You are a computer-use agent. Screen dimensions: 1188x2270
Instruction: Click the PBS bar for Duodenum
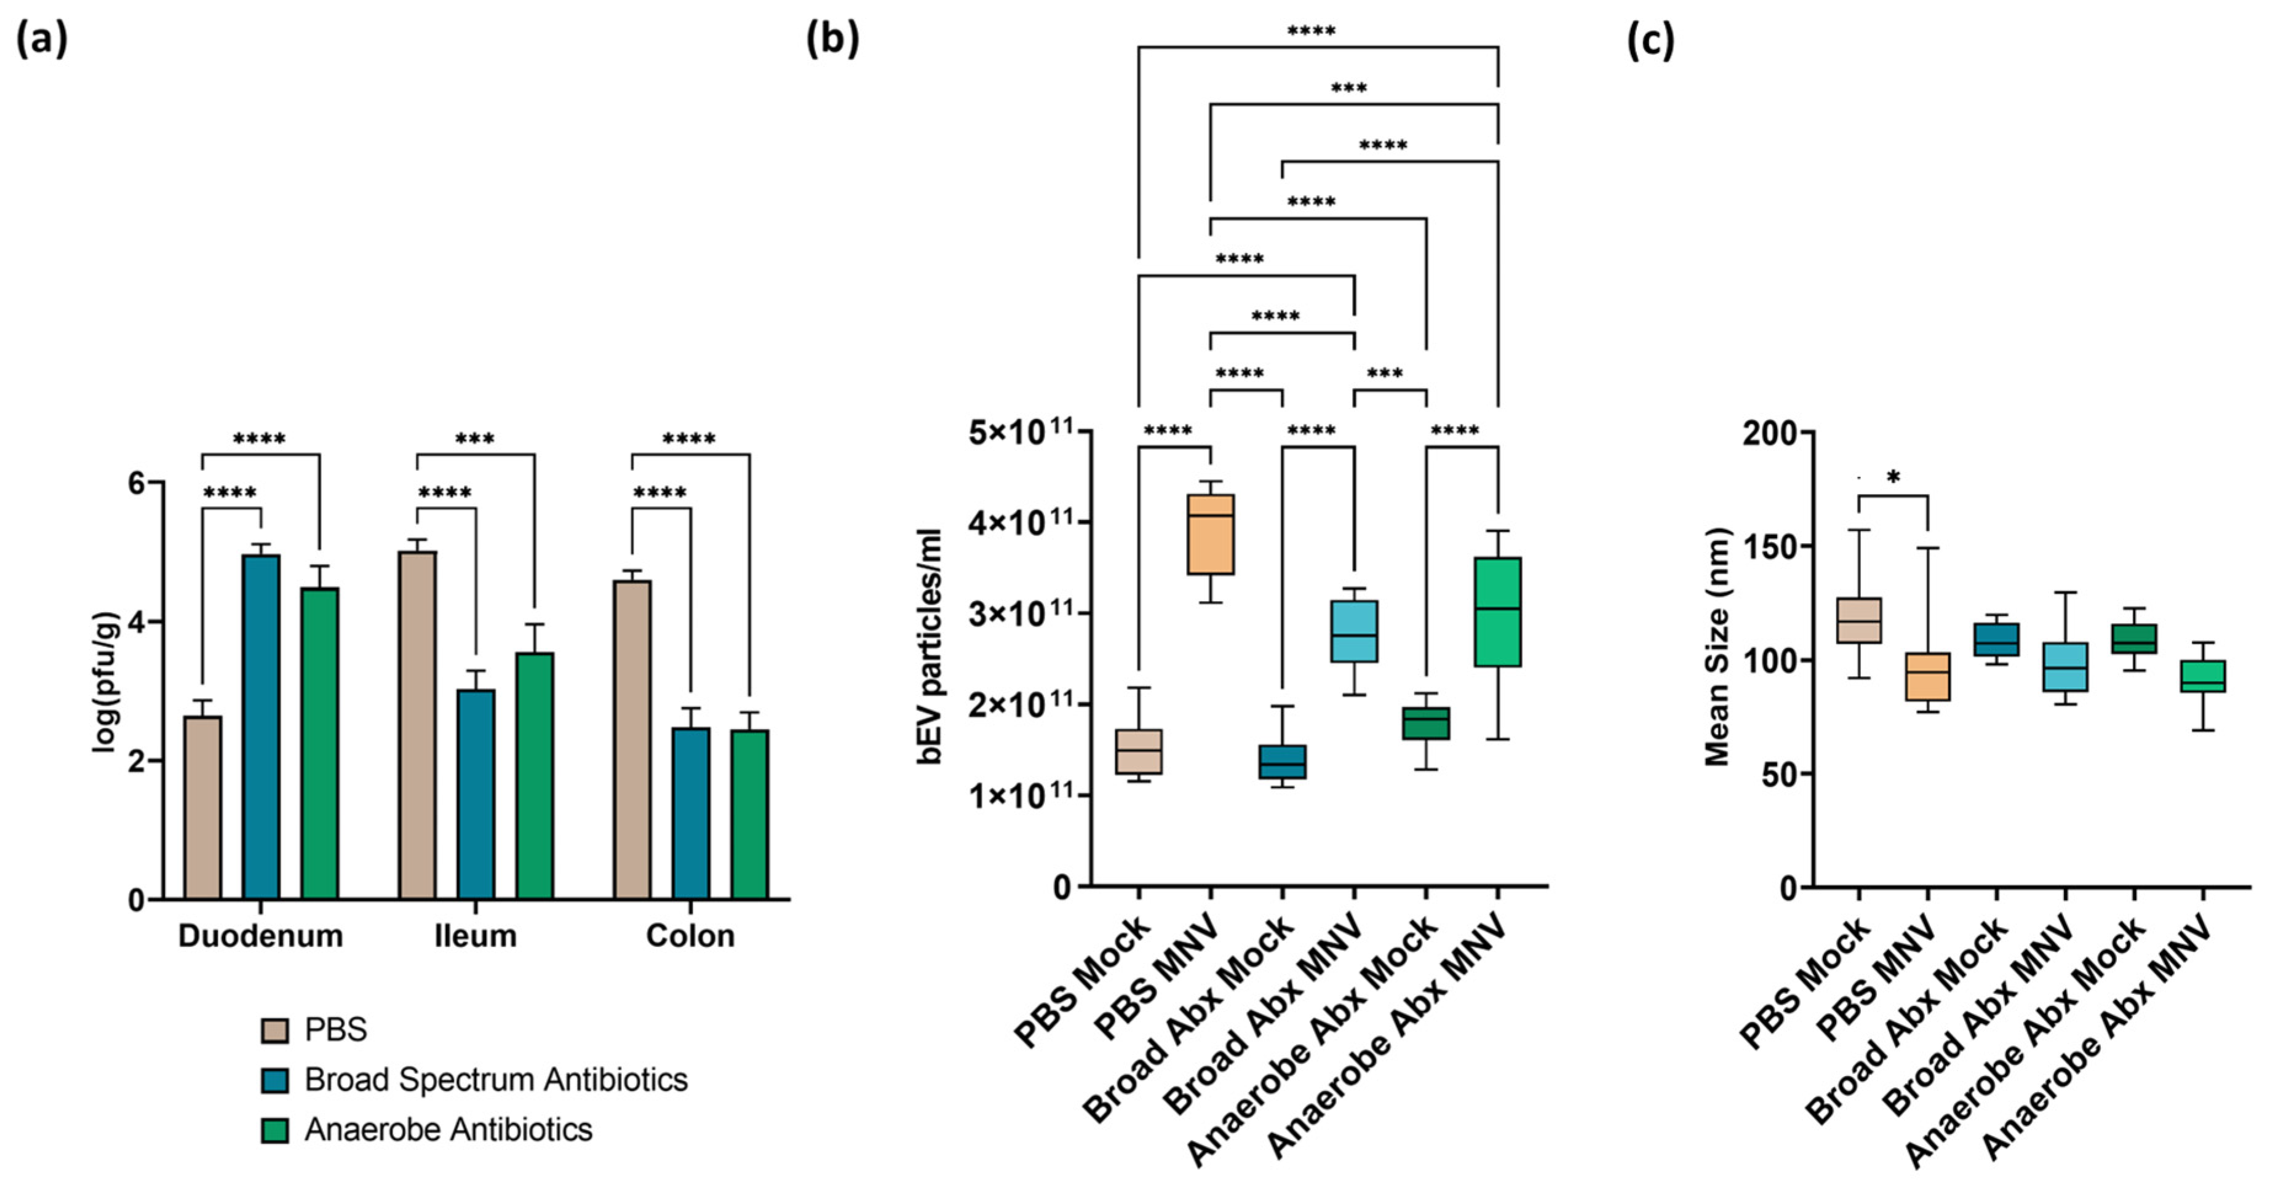click(202, 807)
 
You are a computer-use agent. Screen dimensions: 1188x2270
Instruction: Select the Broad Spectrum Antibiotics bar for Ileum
click(476, 793)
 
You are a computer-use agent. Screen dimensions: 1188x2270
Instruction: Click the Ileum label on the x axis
click(476, 936)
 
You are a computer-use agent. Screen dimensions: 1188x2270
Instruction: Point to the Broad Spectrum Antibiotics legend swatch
click(275, 1080)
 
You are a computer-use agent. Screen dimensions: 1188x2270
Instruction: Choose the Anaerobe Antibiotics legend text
click(448, 1130)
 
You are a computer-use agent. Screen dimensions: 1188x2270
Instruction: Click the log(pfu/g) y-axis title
click(106, 682)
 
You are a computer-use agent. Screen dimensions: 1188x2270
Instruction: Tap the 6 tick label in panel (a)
click(136, 483)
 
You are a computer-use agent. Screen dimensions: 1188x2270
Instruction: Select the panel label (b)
click(832, 39)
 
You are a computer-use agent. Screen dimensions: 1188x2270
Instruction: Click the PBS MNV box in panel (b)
click(1211, 534)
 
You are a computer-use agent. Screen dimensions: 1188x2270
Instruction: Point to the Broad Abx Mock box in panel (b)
click(1282, 762)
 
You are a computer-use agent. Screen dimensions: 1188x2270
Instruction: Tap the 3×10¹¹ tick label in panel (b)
click(1022, 613)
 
